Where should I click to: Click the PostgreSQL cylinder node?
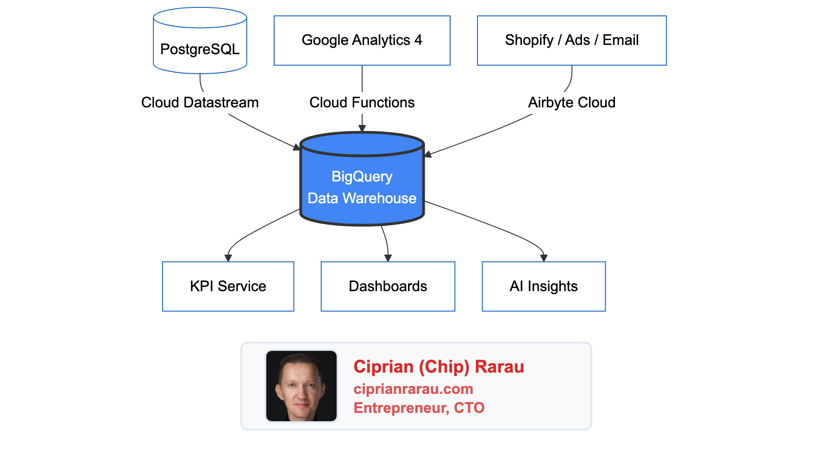point(200,49)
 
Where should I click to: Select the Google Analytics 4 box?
point(362,40)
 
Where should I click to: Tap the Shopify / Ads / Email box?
point(571,40)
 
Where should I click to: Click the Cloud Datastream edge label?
point(200,102)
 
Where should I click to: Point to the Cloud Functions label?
point(362,102)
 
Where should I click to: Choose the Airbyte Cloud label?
point(571,102)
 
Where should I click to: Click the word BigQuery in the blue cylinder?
point(362,176)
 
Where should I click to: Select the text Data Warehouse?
point(362,198)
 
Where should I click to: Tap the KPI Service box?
point(228,286)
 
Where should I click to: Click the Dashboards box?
point(388,286)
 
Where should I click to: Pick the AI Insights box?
point(543,286)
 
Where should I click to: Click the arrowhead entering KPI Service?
point(228,258)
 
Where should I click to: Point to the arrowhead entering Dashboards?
point(388,258)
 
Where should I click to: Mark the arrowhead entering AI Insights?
point(544,258)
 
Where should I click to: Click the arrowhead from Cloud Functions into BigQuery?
point(362,128)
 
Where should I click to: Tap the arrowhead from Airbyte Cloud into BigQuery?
point(428,154)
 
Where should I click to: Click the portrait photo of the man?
point(301,386)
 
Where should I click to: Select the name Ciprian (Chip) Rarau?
point(439,367)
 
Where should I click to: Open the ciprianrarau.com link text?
point(413,389)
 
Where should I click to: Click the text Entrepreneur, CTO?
point(419,408)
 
